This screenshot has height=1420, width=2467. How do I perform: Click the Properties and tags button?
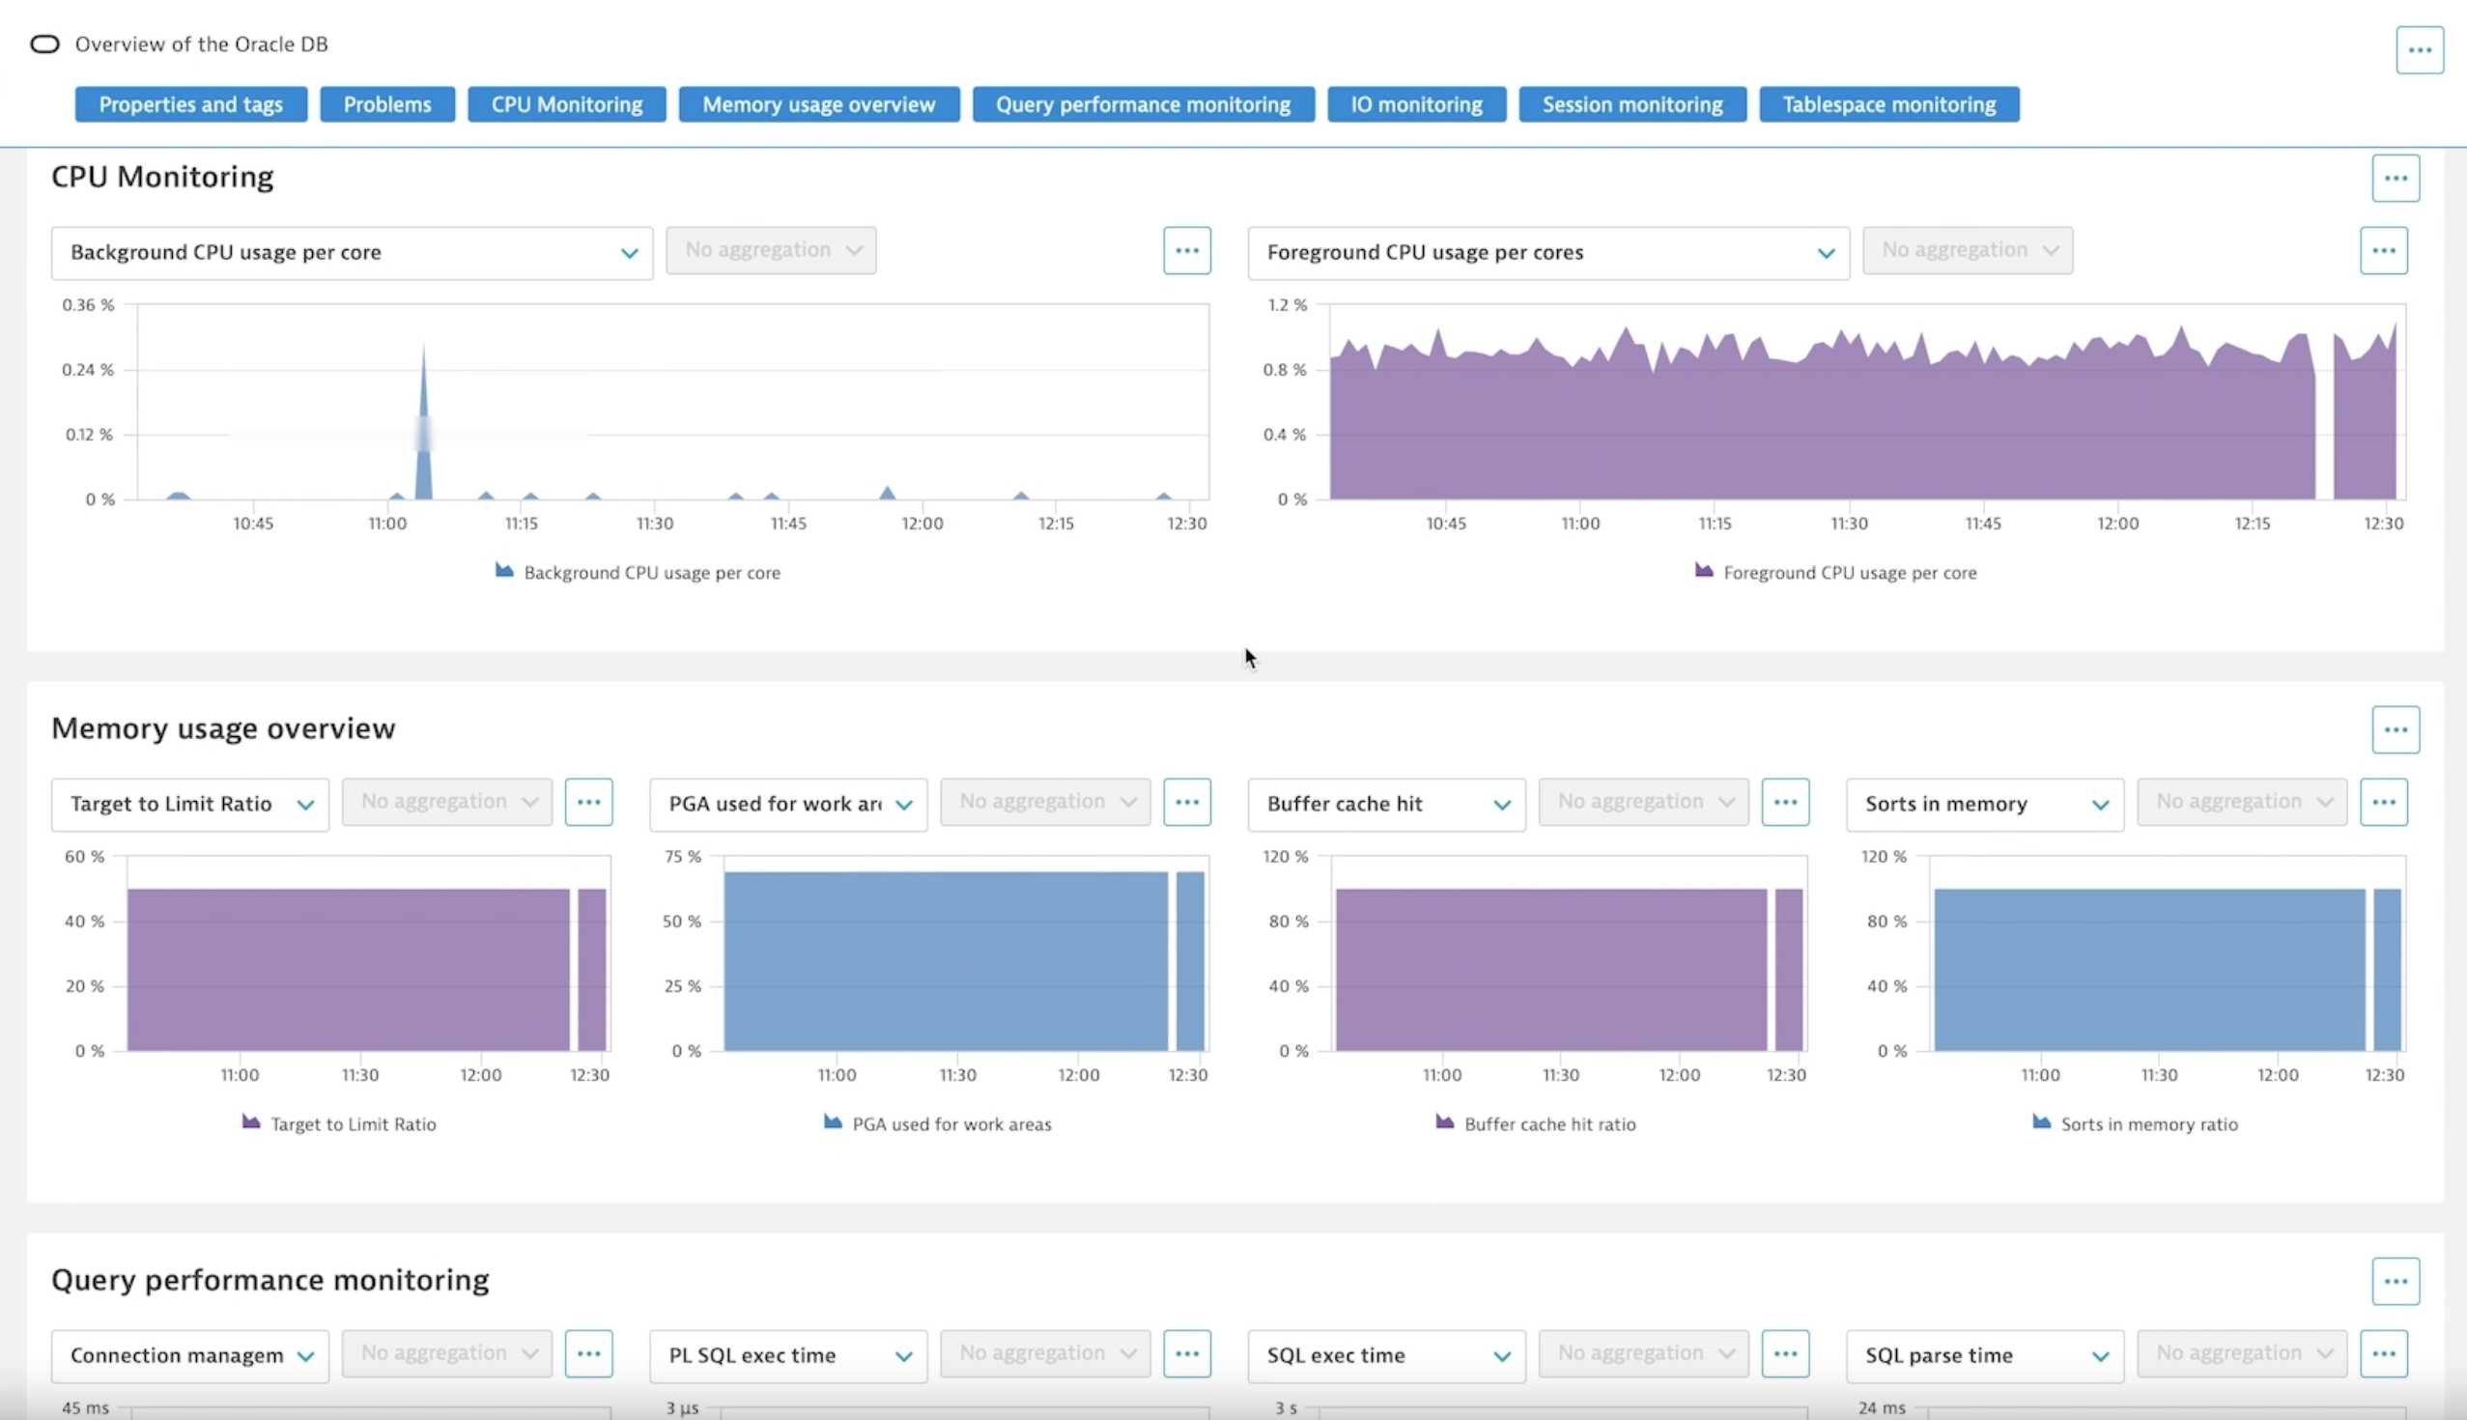coord(190,104)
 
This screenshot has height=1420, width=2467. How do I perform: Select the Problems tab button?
coord(387,104)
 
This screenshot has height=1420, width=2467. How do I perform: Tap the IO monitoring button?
coord(1416,104)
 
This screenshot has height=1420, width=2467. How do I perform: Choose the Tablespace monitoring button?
coord(1888,104)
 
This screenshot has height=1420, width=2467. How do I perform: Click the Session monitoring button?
coord(1632,104)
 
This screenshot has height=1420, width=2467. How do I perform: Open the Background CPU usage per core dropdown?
coord(351,252)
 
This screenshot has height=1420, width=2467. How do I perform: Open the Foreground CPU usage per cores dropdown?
coord(1547,252)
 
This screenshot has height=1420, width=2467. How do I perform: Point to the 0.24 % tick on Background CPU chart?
coord(88,370)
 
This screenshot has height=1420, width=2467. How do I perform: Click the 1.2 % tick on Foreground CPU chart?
coord(1287,305)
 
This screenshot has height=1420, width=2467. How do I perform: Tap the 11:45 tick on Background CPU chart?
coord(788,524)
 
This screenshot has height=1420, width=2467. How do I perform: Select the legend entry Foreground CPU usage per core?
coord(1849,573)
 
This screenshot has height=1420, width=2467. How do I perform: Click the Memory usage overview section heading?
coord(223,728)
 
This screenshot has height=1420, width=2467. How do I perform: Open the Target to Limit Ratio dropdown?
coord(190,804)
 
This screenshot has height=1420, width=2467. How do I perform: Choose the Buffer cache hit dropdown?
coord(1385,804)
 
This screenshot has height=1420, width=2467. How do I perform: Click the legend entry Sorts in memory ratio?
coord(2148,1124)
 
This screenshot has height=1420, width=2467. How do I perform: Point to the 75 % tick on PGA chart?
coord(683,856)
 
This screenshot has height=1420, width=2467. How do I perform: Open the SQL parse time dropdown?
coord(1984,1354)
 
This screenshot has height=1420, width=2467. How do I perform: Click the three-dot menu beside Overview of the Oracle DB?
coord(2420,49)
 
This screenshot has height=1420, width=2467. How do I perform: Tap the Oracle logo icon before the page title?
coord(44,43)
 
